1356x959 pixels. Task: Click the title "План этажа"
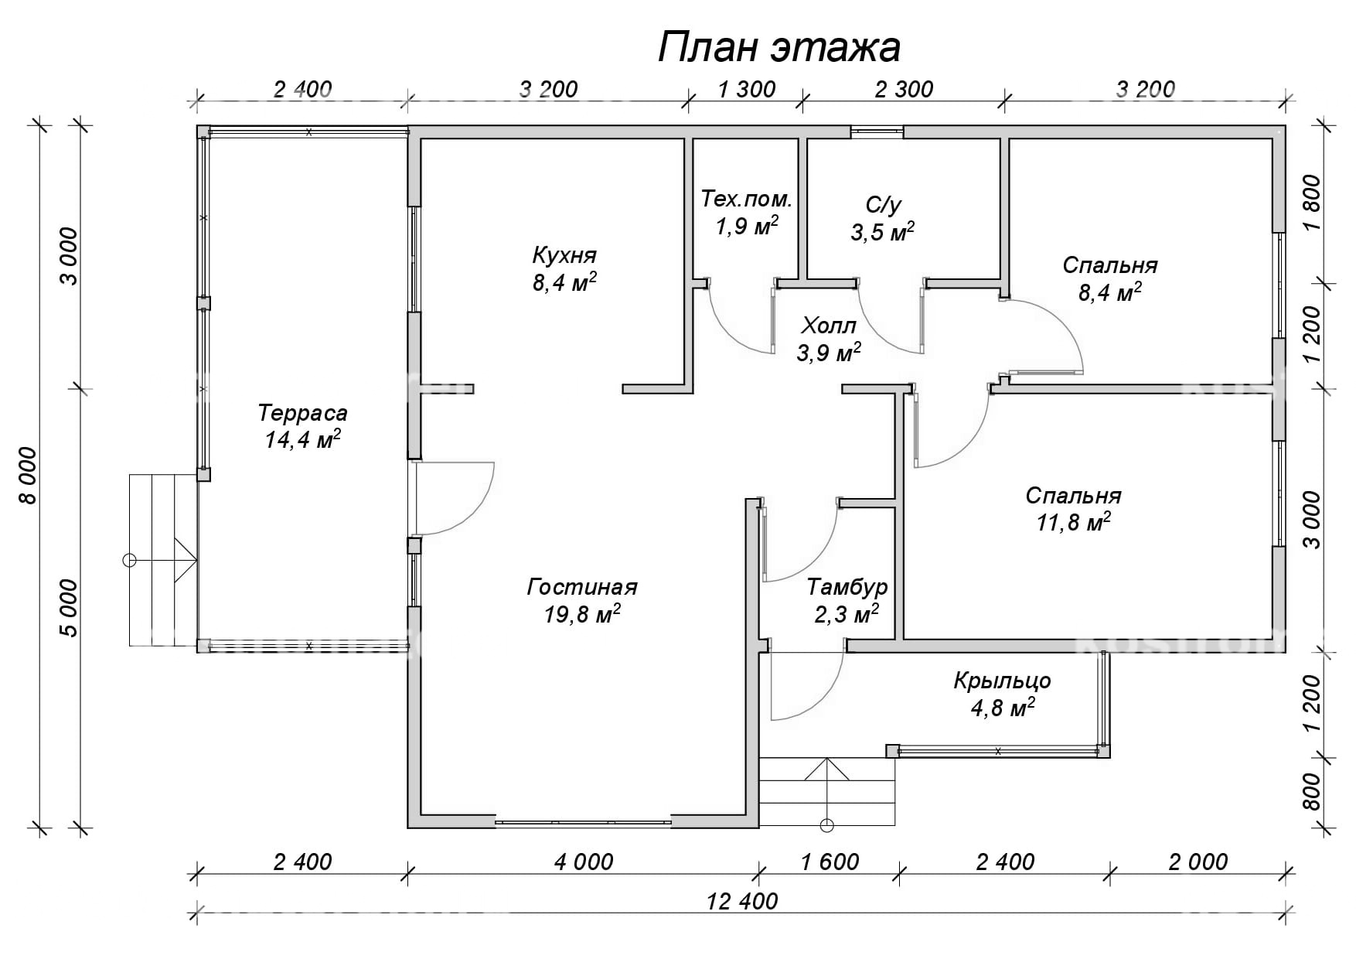pyautogui.click(x=779, y=47)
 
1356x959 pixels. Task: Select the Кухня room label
pyautogui.click(x=564, y=254)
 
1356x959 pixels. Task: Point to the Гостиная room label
pyautogui.click(x=582, y=587)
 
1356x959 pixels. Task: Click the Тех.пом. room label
pyautogui.click(x=747, y=200)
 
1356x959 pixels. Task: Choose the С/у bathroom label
pyautogui.click(x=884, y=205)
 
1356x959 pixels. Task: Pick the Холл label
pyautogui.click(x=829, y=325)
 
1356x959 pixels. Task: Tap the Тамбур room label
pyautogui.click(x=847, y=588)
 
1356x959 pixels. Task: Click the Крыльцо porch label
pyautogui.click(x=1002, y=681)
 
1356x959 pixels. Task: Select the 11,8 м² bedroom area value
pyautogui.click(x=1074, y=523)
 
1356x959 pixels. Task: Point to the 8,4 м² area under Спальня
pyautogui.click(x=1110, y=292)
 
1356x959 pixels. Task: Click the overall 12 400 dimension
pyautogui.click(x=742, y=901)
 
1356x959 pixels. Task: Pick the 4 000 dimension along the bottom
pyautogui.click(x=584, y=862)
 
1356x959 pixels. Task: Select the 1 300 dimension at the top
pyautogui.click(x=746, y=90)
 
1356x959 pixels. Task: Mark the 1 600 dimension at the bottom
pyautogui.click(x=830, y=862)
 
